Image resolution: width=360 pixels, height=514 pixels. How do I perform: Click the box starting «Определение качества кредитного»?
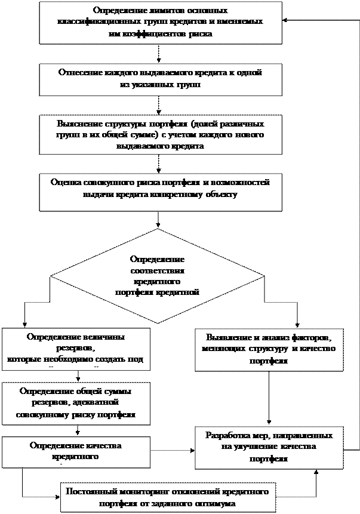coord(75,452)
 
